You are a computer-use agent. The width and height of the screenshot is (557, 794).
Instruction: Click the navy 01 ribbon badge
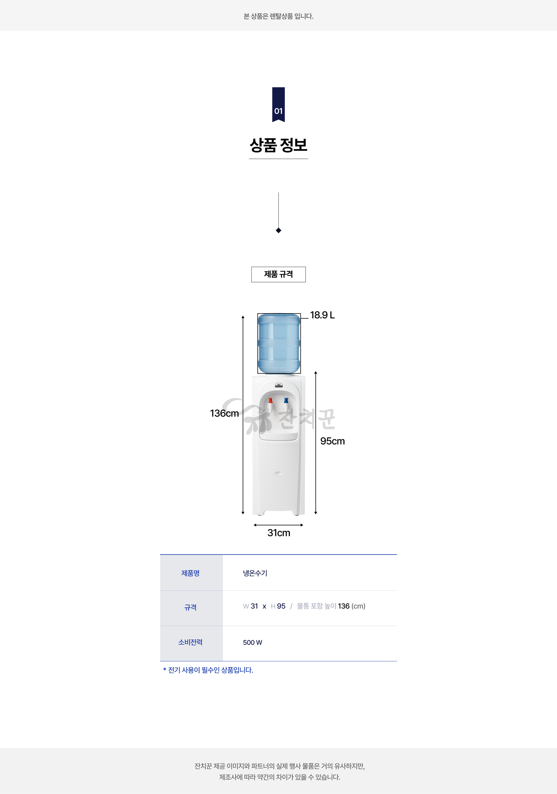278,104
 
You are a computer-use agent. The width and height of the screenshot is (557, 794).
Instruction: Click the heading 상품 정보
278,145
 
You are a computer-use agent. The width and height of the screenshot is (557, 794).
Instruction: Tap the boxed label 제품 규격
278,274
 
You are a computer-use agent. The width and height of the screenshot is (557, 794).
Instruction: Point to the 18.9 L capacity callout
322,315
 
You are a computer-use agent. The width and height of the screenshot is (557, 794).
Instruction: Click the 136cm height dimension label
224,413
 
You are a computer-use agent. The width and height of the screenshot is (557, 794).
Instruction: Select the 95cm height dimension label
332,441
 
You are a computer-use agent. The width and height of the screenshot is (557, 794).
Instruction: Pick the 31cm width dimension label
279,533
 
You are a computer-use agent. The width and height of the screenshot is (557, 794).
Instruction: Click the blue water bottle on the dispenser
279,343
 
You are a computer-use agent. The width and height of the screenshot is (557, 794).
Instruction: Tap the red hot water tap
270,401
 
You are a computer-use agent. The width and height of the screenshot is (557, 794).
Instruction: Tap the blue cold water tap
286,401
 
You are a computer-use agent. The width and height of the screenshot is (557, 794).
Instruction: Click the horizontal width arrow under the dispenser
278,525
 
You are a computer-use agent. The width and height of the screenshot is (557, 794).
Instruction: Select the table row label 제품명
191,573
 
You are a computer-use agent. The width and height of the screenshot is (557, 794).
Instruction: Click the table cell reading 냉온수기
255,573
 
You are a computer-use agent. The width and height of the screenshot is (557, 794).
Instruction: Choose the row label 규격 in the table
191,607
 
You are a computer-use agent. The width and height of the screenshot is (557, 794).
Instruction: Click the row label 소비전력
191,642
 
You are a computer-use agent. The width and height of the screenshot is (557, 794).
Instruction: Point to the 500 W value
252,643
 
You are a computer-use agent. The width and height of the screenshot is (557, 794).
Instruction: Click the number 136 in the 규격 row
344,606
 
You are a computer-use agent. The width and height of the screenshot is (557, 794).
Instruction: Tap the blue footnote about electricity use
208,670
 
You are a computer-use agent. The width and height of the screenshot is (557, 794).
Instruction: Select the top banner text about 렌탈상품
278,16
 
